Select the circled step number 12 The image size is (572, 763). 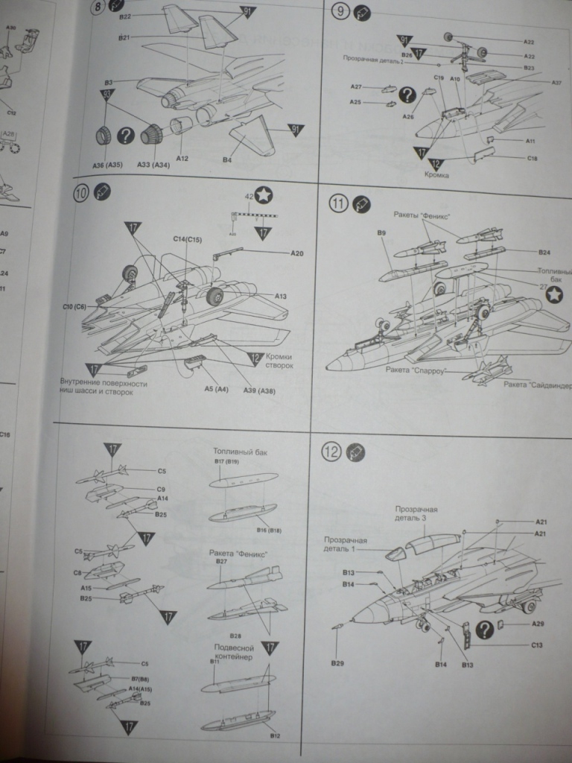pos(332,451)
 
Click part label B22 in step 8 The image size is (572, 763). pos(125,16)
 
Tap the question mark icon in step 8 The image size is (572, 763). pos(126,135)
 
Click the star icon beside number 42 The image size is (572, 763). pos(264,195)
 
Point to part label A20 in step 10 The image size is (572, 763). pos(296,253)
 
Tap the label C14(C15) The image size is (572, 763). pos(188,239)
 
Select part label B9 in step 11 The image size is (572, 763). pos(381,233)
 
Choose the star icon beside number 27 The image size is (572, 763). pos(553,296)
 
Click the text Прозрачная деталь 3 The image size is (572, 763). pos(416,514)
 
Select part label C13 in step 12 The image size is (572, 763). pos(537,645)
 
